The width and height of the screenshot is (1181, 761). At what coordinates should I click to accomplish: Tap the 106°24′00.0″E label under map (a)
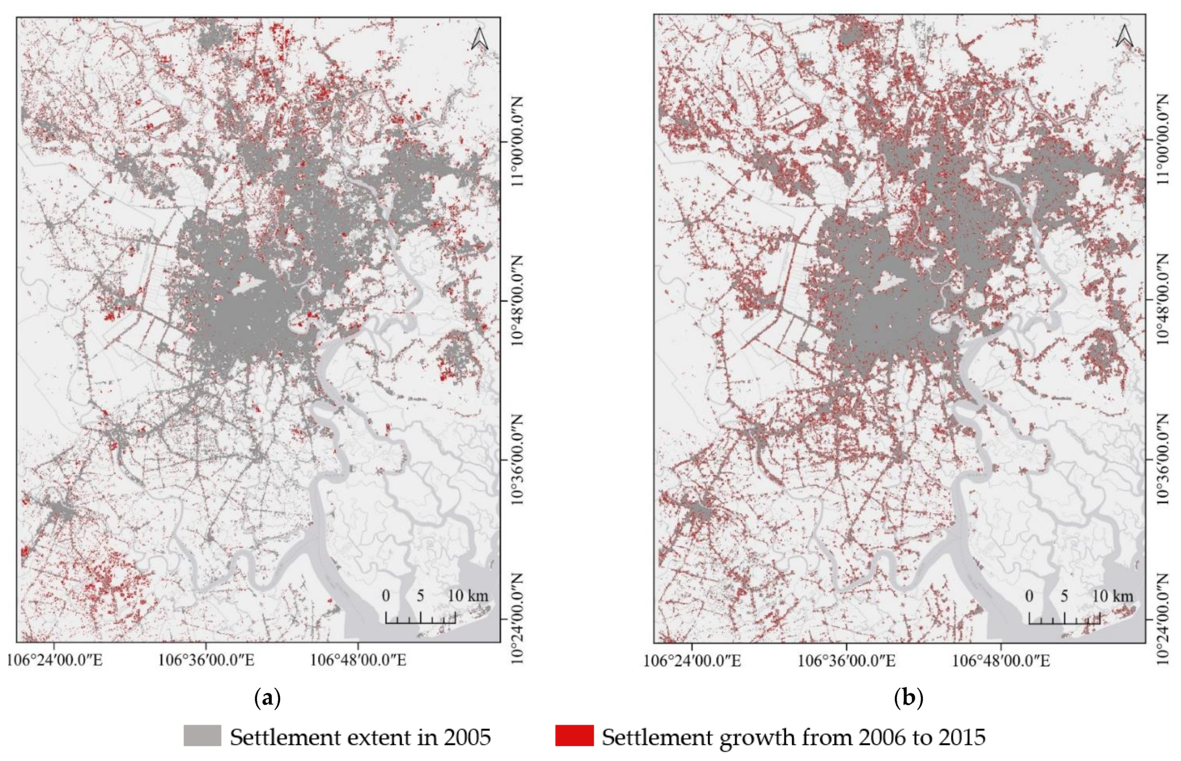pyautogui.click(x=55, y=660)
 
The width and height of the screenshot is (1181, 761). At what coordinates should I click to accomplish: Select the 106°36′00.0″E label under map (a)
pyautogui.click(x=207, y=660)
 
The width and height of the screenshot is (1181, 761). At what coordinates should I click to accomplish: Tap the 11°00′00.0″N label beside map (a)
pyautogui.click(x=519, y=141)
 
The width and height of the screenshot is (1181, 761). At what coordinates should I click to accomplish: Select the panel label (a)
pyautogui.click(x=267, y=699)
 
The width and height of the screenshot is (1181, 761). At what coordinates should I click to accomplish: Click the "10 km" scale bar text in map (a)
pyautogui.click(x=468, y=596)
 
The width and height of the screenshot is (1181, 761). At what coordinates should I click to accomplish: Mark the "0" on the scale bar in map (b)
pyautogui.click(x=1029, y=596)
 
